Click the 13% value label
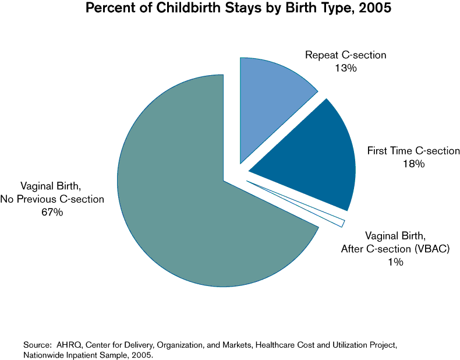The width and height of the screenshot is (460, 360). [x=345, y=68]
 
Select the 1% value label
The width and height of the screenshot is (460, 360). [x=395, y=263]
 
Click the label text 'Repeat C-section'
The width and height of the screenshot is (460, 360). [x=345, y=55]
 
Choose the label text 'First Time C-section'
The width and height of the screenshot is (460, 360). [x=413, y=151]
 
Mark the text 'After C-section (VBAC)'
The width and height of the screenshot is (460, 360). [x=395, y=249]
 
